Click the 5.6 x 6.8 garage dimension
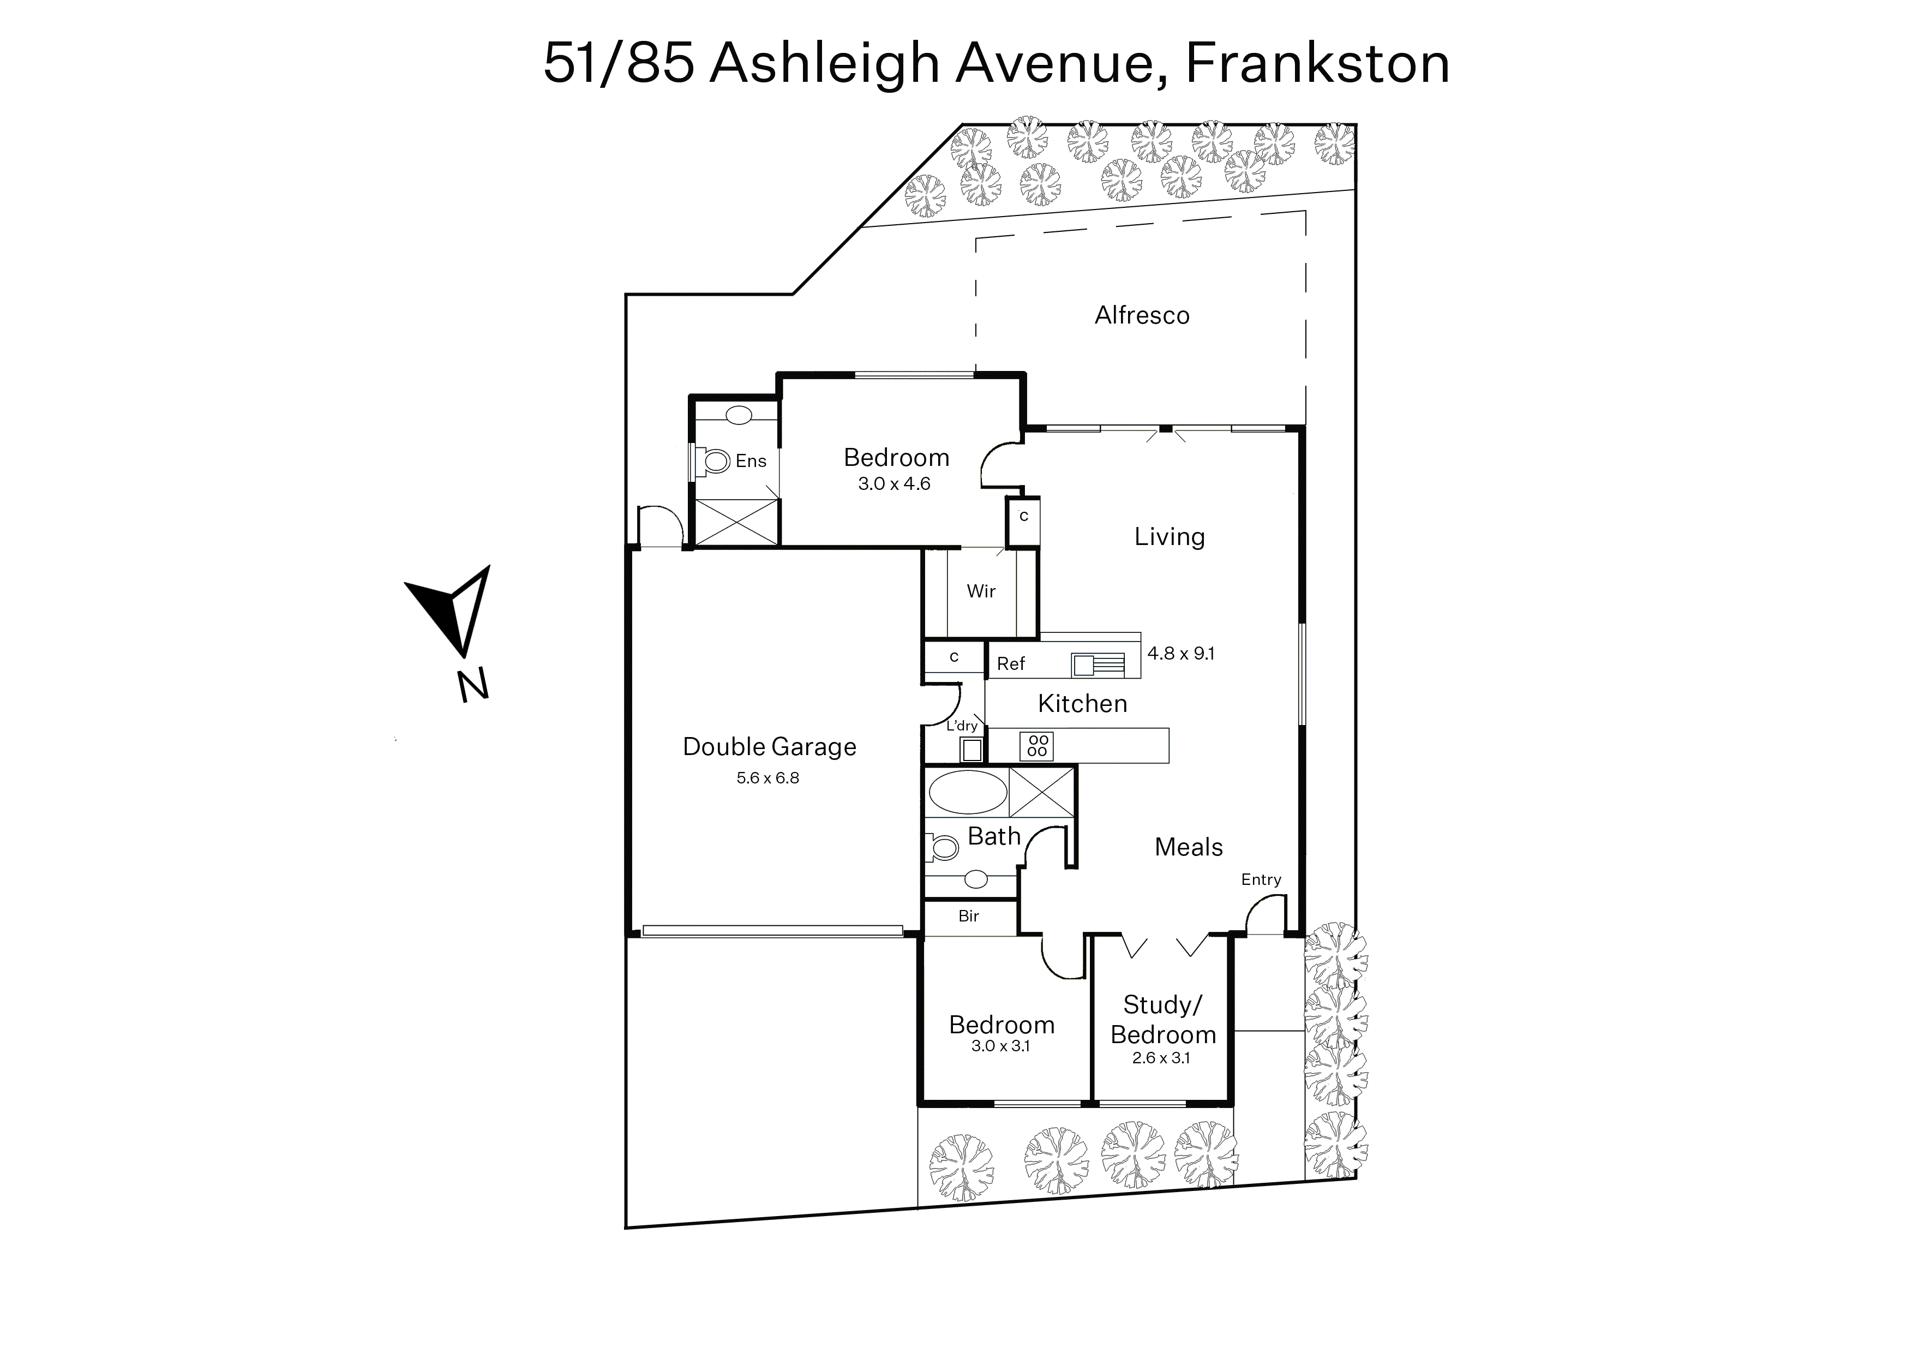[767, 778]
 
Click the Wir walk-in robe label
[981, 591]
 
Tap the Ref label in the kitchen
[1011, 663]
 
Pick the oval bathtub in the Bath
[967, 792]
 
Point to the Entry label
[1261, 880]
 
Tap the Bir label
[968, 917]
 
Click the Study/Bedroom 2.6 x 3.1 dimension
[1161, 1058]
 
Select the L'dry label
[962, 726]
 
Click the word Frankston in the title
[1317, 63]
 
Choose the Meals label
[1188, 847]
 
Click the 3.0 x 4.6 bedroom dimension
[894, 484]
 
